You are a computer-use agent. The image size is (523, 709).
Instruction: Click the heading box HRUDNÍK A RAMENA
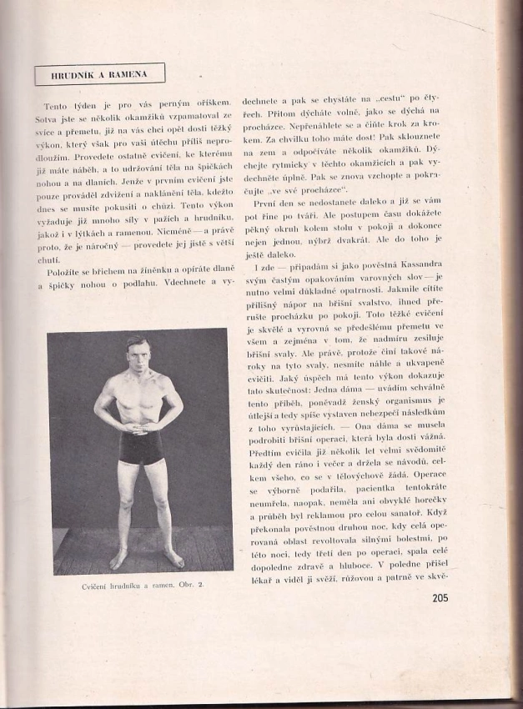99,74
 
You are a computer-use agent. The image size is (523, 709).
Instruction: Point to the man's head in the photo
138,349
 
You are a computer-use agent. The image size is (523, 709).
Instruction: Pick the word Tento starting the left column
57,107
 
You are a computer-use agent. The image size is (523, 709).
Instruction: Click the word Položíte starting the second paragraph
63,272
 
